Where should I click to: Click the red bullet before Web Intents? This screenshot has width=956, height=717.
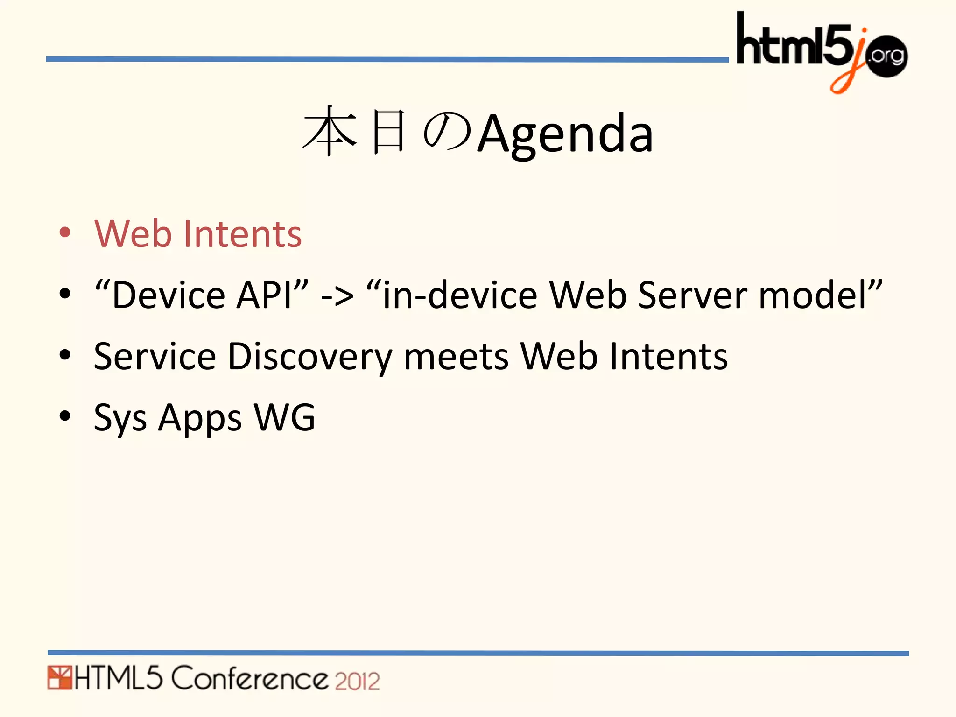(x=65, y=232)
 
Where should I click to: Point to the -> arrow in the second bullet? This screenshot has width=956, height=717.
(x=337, y=296)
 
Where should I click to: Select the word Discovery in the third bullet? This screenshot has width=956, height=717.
(x=310, y=357)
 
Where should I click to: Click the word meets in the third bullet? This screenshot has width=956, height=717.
(x=456, y=357)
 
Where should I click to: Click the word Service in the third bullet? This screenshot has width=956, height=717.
(x=155, y=357)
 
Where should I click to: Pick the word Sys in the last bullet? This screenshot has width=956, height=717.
(x=120, y=418)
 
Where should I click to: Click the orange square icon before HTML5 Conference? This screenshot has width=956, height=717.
(x=59, y=678)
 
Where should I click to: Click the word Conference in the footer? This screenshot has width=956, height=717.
(x=250, y=678)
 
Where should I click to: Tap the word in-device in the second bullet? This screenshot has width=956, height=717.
(x=460, y=295)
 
